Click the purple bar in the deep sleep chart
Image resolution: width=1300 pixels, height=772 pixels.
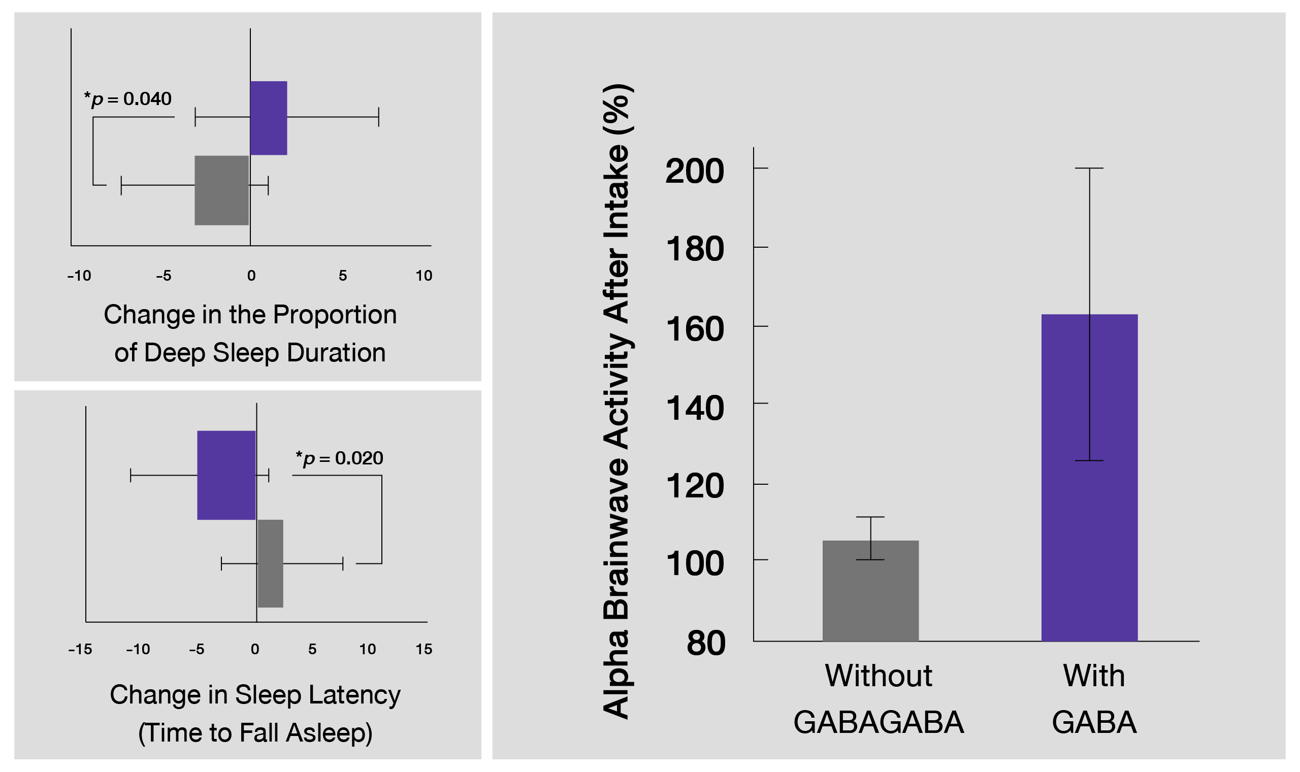point(269,118)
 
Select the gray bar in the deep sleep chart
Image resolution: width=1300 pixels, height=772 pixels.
point(222,190)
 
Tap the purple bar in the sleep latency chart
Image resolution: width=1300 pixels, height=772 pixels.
point(226,476)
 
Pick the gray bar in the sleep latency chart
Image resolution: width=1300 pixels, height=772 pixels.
point(271,564)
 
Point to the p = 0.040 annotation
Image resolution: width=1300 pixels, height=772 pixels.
point(128,99)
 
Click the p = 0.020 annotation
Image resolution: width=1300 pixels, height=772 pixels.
point(339,458)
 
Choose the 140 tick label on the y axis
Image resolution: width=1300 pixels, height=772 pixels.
point(694,408)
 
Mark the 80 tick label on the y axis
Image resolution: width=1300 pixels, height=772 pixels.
point(706,643)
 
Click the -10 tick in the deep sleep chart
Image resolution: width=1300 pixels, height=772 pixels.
point(79,276)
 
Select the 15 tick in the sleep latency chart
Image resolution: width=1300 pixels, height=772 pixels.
point(424,649)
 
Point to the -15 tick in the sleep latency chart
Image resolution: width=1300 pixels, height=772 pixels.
point(80,649)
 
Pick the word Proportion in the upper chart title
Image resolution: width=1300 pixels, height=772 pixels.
point(335,315)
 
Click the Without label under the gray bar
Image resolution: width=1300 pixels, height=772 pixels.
point(878,676)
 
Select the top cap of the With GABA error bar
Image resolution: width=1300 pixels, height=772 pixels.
point(1089,169)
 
